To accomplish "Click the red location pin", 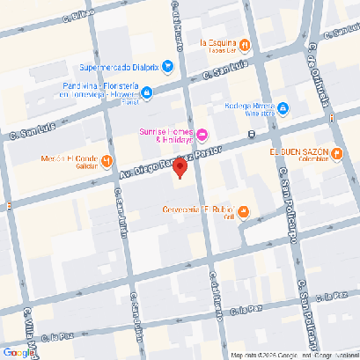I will click(180, 168).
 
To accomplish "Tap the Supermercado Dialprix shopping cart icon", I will click(167, 66).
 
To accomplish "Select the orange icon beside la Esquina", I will click(245, 45).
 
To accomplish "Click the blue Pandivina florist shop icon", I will click(147, 91).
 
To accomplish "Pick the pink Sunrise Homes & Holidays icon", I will click(202, 134).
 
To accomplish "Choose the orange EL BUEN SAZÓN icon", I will click(337, 156).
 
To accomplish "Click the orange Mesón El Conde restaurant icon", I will click(106, 160).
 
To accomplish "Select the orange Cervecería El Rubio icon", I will click(244, 210).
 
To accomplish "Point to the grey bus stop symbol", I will click(252, 135).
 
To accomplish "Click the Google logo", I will click(19, 351).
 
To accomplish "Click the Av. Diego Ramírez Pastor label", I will click(167, 162).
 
